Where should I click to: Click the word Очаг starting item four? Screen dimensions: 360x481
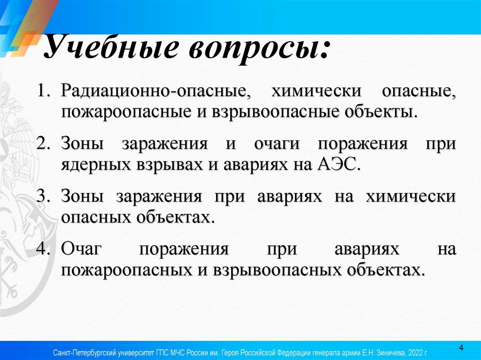[x=81, y=249]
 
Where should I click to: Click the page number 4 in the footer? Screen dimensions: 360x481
[x=461, y=348]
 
